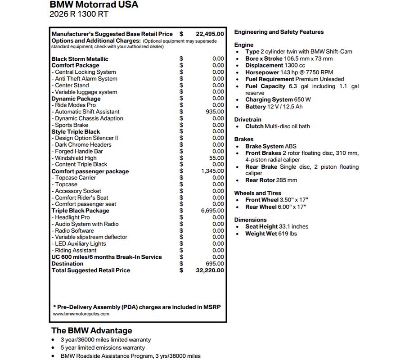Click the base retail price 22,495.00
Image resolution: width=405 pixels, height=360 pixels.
pyautogui.click(x=210, y=34)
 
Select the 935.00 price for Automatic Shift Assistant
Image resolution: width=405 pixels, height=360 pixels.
pyautogui.click(x=215, y=112)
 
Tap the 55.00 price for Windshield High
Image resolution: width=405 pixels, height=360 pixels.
pyautogui.click(x=217, y=158)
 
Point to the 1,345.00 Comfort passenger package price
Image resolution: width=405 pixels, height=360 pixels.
pyautogui.click(x=213, y=171)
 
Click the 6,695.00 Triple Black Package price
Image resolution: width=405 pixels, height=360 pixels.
pyautogui.click(x=213, y=211)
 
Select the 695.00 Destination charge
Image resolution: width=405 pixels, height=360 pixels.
pyautogui.click(x=215, y=264)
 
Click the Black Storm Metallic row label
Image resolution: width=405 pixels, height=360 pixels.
pyautogui.click(x=80, y=59)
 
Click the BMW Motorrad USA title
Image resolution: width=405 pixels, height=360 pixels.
pyautogui.click(x=94, y=5)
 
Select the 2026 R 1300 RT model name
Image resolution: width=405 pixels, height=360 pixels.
pyautogui.click(x=79, y=14)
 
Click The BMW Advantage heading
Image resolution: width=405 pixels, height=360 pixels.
pyautogui.click(x=92, y=330)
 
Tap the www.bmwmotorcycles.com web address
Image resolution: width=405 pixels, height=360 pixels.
pyautogui.click(x=81, y=314)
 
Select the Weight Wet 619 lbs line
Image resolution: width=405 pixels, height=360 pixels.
pyautogui.click(x=271, y=234)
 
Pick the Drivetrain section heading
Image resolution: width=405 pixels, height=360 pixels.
pyautogui.click(x=248, y=120)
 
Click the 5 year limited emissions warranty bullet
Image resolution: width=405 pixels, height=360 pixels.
pyautogui.click(x=103, y=348)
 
